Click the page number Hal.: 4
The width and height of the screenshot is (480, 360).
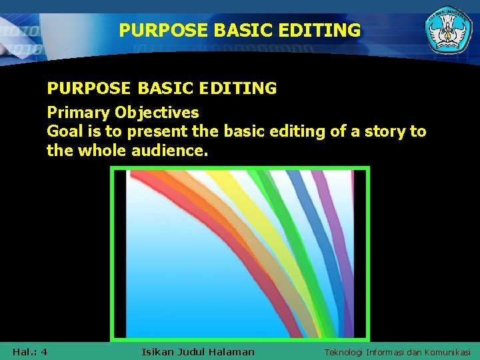click(29, 351)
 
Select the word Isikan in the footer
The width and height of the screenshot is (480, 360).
click(158, 351)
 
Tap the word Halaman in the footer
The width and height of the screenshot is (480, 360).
click(231, 351)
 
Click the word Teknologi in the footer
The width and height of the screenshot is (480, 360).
click(346, 352)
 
